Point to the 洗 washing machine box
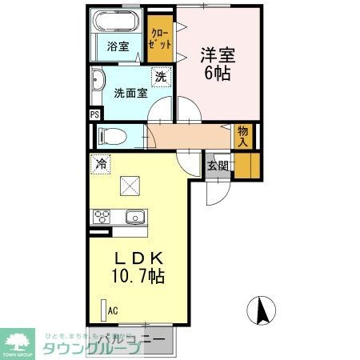[x=161, y=78]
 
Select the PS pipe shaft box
[x=94, y=114]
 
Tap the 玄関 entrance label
[x=217, y=166]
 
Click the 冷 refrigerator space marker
[x=102, y=164]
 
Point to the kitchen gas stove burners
[x=102, y=216]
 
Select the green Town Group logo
[x=20, y=342]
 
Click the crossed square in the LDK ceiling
[x=130, y=185]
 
